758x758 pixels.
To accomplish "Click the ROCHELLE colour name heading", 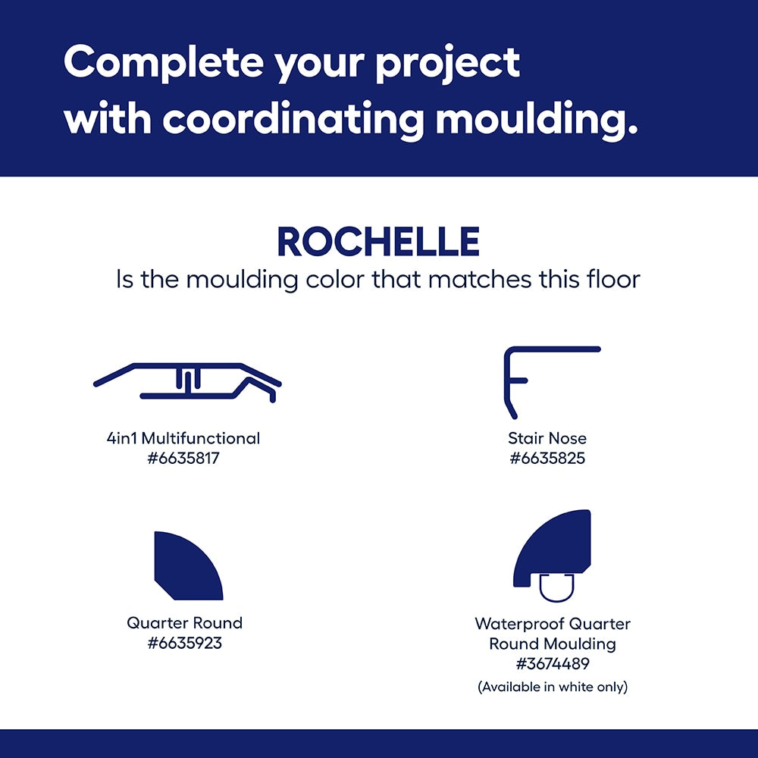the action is pos(378,242).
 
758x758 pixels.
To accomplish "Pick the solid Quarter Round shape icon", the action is pos(188,566).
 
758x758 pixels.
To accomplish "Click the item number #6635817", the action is pos(183,458).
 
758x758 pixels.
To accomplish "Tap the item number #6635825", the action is pos(547,458).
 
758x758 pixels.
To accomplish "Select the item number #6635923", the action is pos(185,643).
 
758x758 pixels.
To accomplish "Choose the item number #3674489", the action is pos(553,664).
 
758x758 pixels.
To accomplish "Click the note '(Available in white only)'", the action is pos(553,687).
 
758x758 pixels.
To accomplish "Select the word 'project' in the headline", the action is pos(448,64).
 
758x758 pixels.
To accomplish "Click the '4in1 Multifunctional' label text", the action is pos(183,438).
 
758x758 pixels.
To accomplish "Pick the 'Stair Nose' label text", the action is pos(547,438).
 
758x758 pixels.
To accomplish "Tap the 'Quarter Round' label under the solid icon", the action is pos(185,622).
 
